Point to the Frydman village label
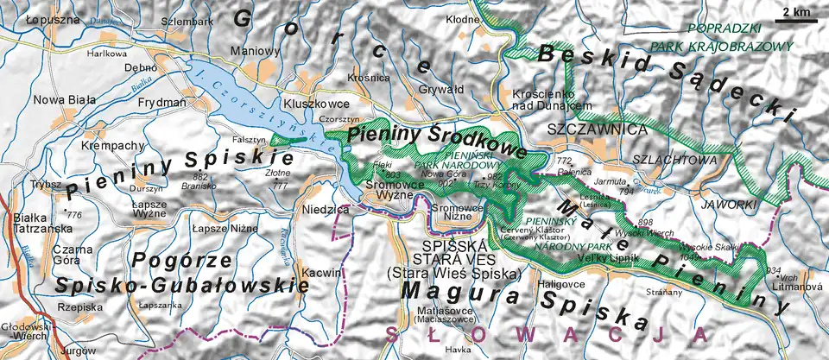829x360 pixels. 161,103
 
